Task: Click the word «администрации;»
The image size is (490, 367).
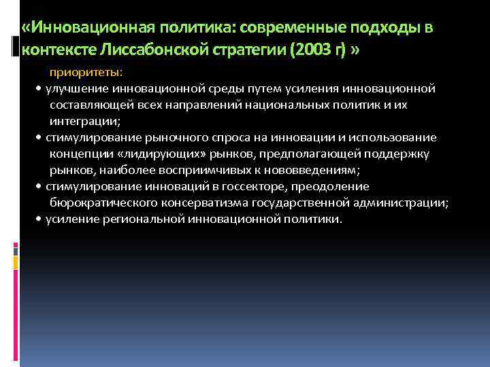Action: (x=401, y=203)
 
